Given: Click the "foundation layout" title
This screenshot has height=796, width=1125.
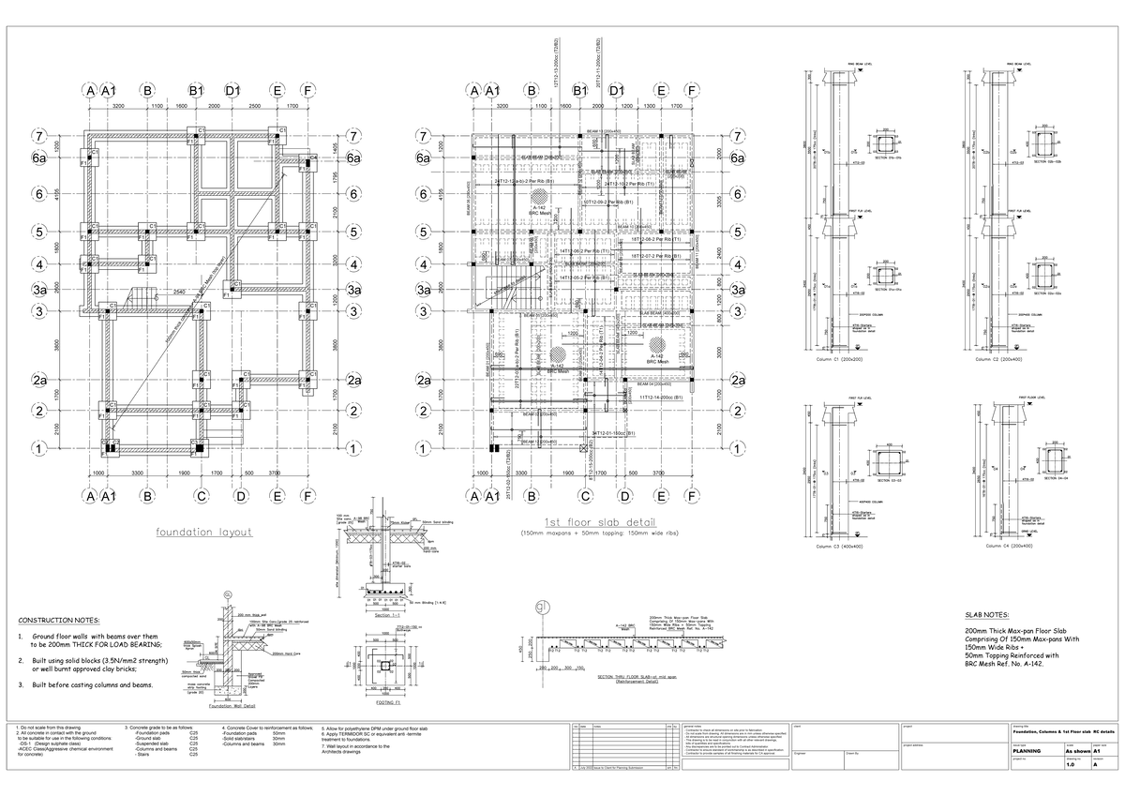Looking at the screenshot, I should (204, 532).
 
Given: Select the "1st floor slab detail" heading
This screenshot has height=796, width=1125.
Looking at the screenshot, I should (600, 522).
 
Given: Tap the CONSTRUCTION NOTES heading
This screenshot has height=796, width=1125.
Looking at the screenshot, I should (59, 621).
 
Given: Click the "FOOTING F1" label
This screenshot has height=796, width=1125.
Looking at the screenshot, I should (386, 701).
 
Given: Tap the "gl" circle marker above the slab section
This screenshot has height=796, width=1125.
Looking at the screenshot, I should (541, 608).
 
